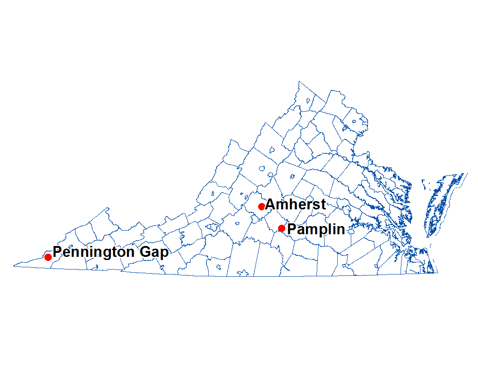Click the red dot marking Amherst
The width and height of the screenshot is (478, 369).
(261, 207)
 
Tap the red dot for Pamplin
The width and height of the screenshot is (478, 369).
(282, 228)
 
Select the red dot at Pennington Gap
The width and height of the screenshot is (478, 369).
(48, 257)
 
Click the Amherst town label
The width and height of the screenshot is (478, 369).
(295, 204)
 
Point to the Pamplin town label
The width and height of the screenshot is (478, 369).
(316, 229)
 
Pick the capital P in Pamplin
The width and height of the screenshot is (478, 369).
(292, 229)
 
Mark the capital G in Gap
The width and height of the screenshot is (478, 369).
(145, 251)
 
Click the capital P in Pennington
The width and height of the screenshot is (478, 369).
(57, 251)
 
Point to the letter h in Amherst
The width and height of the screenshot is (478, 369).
(290, 204)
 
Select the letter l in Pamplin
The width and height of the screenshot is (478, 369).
(328, 229)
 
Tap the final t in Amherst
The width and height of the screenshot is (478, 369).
(323, 205)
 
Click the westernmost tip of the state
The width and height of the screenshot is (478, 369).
(14, 265)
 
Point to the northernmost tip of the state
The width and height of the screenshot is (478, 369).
(299, 82)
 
